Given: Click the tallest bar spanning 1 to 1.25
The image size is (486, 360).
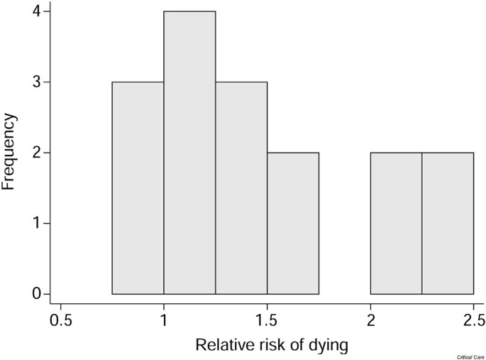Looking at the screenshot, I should (x=189, y=153).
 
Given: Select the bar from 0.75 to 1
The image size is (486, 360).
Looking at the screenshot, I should (x=138, y=188).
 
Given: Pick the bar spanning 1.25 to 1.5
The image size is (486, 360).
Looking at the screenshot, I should (x=241, y=188).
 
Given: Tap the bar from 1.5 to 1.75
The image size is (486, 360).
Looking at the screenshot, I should (x=293, y=223).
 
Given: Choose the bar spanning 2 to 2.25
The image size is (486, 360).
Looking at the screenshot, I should (x=396, y=223).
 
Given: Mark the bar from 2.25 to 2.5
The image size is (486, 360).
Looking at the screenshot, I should (x=448, y=223).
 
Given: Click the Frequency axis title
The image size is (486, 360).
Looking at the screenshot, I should (x=10, y=153).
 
